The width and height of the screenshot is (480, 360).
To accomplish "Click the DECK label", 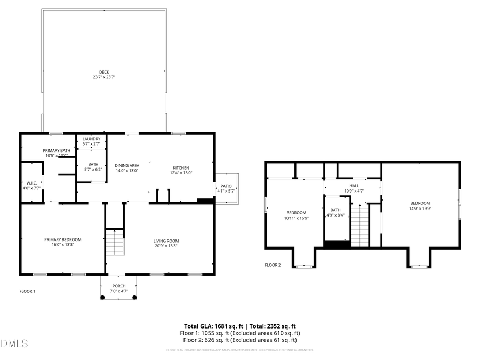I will coord(104,72).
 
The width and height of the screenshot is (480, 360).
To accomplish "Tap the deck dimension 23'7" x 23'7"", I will coord(104,77).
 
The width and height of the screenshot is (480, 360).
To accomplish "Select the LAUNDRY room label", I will coord(91,139).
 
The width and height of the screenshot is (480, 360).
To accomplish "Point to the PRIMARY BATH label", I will coord(57,150).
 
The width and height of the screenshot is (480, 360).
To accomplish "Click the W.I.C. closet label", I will coord(31,183).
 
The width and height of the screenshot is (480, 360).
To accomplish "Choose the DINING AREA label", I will coord(127,165).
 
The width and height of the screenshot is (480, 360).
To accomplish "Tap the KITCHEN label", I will coord(181,165).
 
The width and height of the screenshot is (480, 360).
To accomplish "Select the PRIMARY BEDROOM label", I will coord(63,239).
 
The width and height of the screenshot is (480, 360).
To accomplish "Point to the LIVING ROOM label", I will coord(166,241).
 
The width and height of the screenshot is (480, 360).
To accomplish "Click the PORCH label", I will coord(118,286).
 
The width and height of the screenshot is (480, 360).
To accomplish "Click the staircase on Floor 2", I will coord(360,224).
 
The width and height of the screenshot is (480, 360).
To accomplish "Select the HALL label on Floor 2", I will coord(354,185).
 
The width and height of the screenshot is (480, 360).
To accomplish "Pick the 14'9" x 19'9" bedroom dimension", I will coord(420,209).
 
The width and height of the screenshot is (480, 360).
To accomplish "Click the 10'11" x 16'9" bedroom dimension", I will coord(296,218).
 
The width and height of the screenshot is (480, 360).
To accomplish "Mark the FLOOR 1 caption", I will coord(27,291).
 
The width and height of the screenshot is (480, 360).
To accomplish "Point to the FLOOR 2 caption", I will coord(273,265).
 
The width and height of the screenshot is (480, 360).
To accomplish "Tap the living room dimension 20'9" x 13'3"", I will coord(166,246).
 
